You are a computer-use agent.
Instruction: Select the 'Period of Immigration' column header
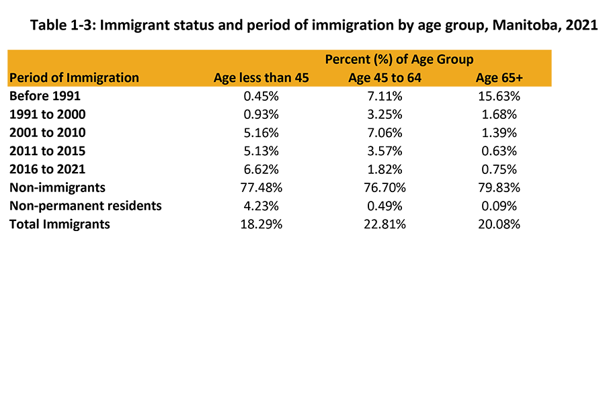[74, 77]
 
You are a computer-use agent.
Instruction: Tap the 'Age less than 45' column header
[261, 77]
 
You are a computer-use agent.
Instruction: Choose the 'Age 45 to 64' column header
[385, 77]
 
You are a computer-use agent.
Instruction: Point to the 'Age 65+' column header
[498, 77]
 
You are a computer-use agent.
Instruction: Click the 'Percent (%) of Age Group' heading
[399, 59]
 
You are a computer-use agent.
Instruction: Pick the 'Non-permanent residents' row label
[85, 206]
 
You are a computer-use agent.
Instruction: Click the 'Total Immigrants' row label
[59, 224]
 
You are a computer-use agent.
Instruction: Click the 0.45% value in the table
[261, 96]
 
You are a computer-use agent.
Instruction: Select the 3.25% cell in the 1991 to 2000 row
[385, 114]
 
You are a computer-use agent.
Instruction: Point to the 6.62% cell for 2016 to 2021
[261, 169]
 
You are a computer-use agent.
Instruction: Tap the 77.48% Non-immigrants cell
[261, 187]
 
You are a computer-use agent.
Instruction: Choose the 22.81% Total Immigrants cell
[385, 224]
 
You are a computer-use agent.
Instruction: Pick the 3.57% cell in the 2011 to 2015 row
[385, 150]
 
